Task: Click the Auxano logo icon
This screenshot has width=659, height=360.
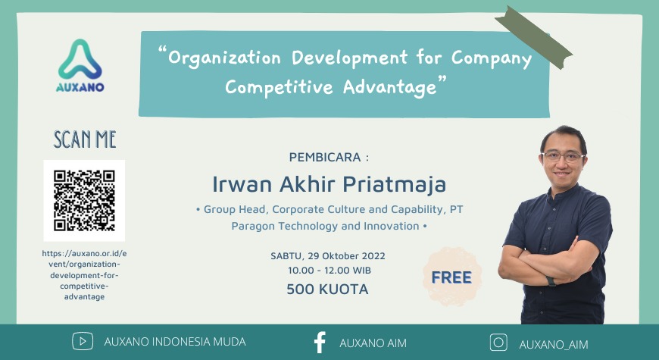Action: (x=80, y=60)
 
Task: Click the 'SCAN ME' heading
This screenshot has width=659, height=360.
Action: (x=84, y=139)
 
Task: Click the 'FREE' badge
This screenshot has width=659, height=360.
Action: (x=451, y=277)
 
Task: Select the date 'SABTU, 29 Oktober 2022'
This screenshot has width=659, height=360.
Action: (x=327, y=255)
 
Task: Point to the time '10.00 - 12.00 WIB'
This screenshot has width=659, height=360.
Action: (x=329, y=270)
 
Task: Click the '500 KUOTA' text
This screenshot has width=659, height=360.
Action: (x=327, y=289)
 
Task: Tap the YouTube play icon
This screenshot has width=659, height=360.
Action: (x=83, y=342)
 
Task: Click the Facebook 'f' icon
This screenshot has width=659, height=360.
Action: (x=320, y=342)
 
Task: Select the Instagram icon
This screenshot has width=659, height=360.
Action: (x=498, y=343)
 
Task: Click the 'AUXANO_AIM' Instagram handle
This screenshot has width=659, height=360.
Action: (x=553, y=343)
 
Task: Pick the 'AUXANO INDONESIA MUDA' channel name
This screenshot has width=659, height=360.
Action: (x=174, y=342)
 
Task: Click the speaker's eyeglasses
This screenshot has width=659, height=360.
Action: (x=563, y=157)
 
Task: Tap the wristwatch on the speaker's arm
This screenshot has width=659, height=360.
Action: (x=551, y=280)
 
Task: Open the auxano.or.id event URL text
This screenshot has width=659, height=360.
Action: (x=84, y=274)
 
